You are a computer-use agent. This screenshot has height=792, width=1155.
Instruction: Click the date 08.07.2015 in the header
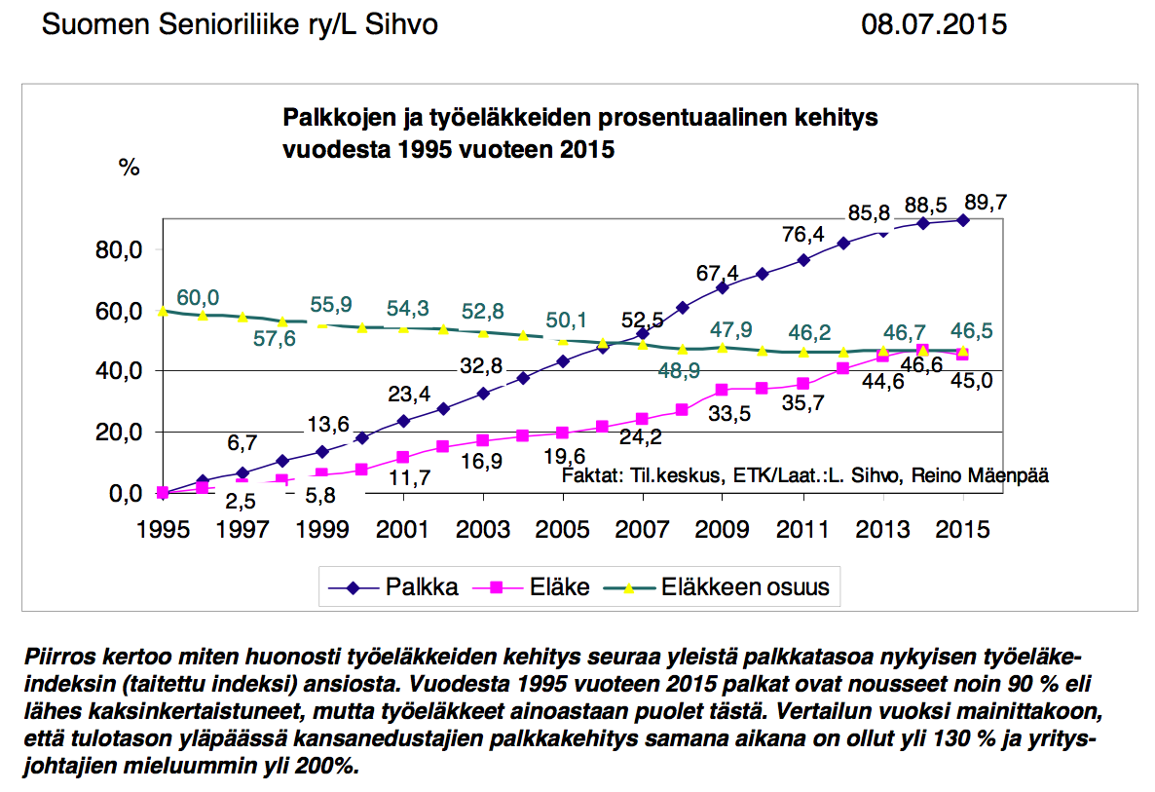click(933, 24)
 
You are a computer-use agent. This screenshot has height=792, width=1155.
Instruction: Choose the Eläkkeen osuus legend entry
click(745, 587)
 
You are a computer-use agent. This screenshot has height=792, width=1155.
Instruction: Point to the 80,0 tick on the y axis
click(121, 250)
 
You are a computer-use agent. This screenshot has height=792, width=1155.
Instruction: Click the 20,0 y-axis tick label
click(121, 433)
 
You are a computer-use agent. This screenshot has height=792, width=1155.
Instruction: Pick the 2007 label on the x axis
click(644, 530)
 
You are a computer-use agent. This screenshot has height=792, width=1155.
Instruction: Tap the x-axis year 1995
click(162, 530)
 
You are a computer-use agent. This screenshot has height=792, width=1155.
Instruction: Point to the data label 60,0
click(198, 296)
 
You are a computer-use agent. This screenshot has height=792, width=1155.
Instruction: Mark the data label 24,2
click(642, 437)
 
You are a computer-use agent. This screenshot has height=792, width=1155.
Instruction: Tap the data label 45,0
click(972, 381)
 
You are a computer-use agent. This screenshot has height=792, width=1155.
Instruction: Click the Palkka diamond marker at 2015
click(963, 220)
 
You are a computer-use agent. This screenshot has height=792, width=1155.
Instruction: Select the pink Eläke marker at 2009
click(723, 390)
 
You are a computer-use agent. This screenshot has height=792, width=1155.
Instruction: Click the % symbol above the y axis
click(129, 167)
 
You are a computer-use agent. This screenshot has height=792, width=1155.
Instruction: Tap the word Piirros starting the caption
click(58, 654)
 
